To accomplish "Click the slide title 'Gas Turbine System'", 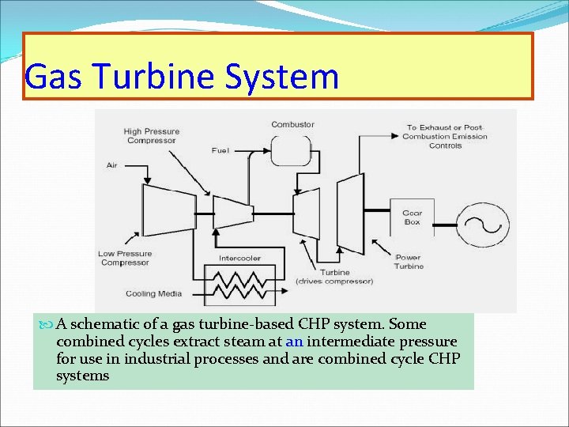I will pyautogui.click(x=182, y=77).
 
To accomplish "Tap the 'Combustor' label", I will pyautogui.click(x=292, y=124).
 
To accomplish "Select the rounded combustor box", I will pyautogui.click(x=291, y=150).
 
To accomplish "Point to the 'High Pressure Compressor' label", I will pyautogui.click(x=151, y=136).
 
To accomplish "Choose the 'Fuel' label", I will pyautogui.click(x=221, y=150).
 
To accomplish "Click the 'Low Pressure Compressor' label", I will pyautogui.click(x=124, y=258).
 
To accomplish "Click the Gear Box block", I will pyautogui.click(x=412, y=217).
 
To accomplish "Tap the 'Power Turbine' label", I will pyautogui.click(x=409, y=262).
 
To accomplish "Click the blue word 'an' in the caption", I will pyautogui.click(x=294, y=342).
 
